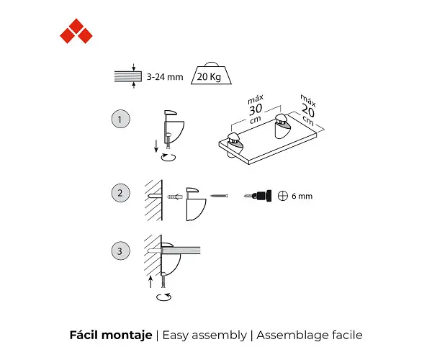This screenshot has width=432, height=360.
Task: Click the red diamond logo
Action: (76, 31)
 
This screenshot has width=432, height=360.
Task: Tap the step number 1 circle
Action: (120, 119)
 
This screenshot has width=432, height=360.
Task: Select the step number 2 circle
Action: (120, 193)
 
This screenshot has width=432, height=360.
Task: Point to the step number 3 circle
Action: (120, 251)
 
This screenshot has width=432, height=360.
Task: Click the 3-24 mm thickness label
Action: (165, 77)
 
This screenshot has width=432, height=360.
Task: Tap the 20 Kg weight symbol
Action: (211, 73)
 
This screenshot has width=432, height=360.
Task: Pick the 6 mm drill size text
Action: (302, 196)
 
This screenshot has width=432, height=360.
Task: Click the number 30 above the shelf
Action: (256, 109)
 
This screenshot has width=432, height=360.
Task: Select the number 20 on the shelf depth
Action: (307, 111)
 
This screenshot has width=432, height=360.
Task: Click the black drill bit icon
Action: (258, 196)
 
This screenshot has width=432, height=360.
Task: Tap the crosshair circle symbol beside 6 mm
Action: (283, 196)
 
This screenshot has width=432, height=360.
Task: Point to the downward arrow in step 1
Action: (156, 146)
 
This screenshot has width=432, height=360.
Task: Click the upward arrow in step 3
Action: (150, 282)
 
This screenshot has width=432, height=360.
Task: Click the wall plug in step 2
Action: (175, 197)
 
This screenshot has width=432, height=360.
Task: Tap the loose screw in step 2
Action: (219, 196)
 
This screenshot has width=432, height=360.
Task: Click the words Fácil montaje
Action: (111, 336)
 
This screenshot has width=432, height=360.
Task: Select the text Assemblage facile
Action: (310, 336)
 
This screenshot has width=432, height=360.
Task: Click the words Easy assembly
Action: (204, 336)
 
